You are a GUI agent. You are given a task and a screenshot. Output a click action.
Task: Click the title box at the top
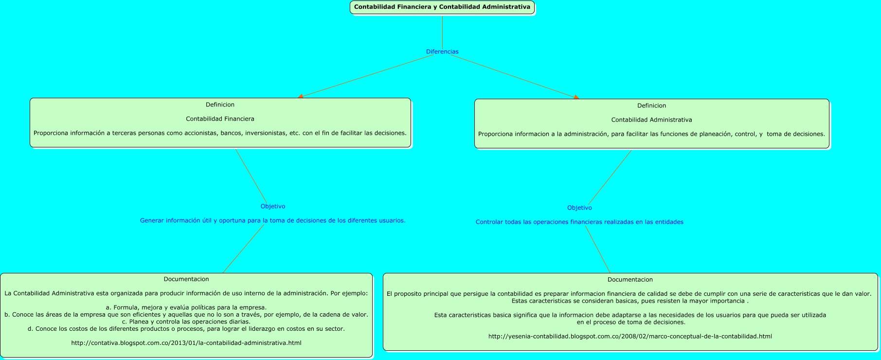point(442,7)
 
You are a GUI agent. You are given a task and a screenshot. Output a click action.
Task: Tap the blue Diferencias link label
point(442,52)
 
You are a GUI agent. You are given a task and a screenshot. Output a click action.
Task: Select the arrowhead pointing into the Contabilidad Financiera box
point(301,96)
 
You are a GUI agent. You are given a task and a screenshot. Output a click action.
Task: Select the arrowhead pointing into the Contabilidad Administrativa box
point(576,97)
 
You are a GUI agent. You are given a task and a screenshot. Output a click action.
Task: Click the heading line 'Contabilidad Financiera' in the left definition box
point(220,119)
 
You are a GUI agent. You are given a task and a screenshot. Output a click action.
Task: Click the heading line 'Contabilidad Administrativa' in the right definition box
point(651,120)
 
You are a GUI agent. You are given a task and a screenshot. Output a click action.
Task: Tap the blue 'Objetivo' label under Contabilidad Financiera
point(273,206)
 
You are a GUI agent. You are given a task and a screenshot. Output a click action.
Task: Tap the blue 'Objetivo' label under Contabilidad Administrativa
point(579,208)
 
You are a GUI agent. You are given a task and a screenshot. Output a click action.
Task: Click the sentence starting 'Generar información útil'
point(273,220)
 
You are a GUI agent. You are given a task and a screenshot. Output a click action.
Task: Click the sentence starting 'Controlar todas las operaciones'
point(579,222)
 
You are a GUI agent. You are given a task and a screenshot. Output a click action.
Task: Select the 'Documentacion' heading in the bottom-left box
point(186,279)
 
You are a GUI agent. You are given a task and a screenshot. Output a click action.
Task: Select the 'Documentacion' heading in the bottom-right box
point(630,280)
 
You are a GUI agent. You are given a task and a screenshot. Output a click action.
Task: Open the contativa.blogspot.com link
point(186,343)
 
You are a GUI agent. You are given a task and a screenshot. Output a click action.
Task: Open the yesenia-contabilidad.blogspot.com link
point(630,336)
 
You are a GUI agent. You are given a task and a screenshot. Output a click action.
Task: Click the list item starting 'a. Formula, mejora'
point(186,307)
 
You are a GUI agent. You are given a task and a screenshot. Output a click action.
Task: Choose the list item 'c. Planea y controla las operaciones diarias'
point(186,322)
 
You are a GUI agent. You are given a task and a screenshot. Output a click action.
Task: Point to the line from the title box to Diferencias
point(442,31)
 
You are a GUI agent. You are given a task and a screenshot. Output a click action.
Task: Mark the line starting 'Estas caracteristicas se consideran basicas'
point(630,301)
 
